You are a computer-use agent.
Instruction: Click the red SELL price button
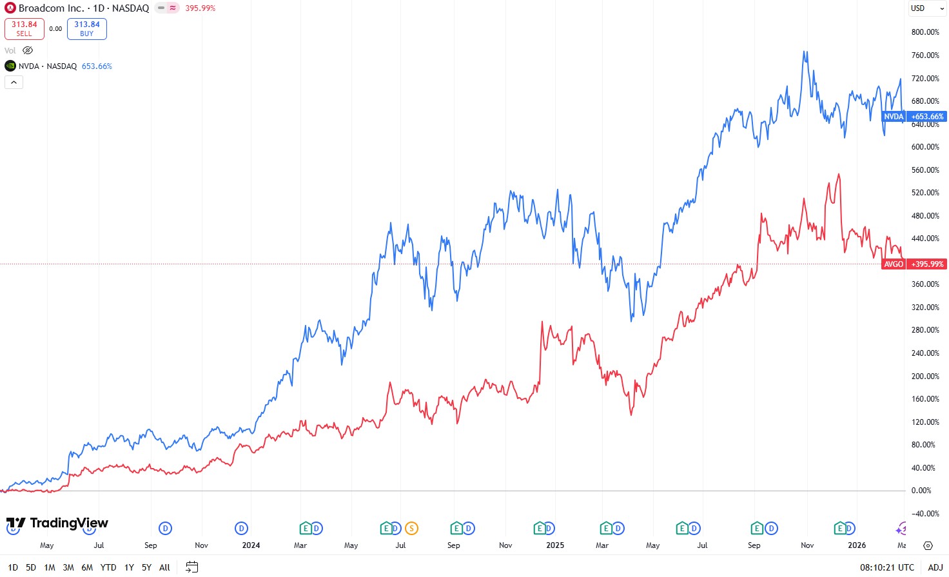click(24, 29)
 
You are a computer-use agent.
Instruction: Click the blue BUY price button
click(87, 29)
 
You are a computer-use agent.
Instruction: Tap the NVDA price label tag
click(894, 117)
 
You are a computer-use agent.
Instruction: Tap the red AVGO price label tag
click(894, 264)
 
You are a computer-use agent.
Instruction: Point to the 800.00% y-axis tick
click(925, 32)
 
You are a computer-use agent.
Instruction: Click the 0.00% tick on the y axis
click(921, 491)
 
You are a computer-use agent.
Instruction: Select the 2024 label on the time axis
click(251, 545)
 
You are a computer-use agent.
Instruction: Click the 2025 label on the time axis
click(555, 545)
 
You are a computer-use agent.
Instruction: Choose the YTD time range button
click(108, 567)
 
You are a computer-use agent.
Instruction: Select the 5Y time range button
click(146, 567)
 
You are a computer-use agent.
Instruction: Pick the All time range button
click(164, 567)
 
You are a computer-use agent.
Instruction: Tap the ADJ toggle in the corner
click(935, 567)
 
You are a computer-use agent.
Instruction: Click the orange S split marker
click(411, 529)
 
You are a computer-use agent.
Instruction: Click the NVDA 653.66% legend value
click(97, 66)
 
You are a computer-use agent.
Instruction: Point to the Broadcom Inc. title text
click(51, 8)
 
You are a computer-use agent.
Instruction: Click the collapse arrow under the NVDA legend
click(14, 82)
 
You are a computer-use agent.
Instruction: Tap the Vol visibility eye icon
click(28, 50)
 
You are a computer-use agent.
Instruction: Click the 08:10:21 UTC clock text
click(886, 567)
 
